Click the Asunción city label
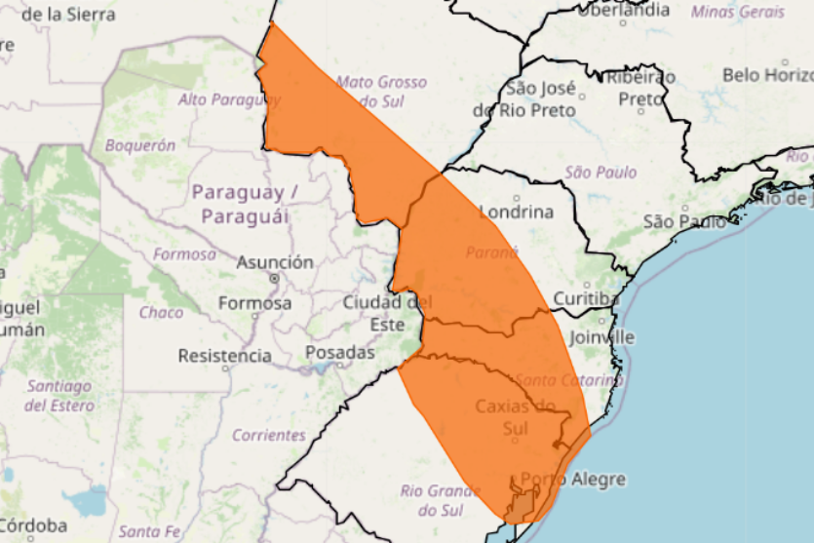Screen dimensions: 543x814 point(277,262)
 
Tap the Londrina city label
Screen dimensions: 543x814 point(516,213)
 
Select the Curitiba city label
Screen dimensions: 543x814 point(586,298)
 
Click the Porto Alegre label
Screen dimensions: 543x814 point(573,480)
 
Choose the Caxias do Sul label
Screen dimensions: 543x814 point(515,416)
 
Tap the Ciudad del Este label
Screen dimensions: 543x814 point(387,313)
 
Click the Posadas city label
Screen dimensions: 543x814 point(339,352)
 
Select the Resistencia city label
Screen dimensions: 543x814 point(224,356)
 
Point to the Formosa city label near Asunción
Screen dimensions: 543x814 point(254,303)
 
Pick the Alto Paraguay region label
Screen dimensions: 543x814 point(228,99)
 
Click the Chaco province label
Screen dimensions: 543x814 point(161,313)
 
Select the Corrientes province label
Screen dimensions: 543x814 point(269,436)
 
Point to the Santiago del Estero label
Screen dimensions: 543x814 point(58,395)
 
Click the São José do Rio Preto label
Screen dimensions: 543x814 point(525,99)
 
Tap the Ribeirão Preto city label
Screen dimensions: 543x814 point(640,88)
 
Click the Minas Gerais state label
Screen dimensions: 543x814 point(738,12)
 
